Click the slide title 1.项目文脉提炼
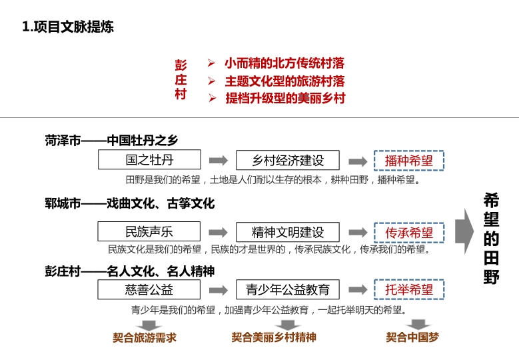pyautogui.click(x=68, y=27)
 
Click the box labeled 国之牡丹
pyautogui.click(x=149, y=160)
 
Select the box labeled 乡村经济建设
pyautogui.click(x=288, y=161)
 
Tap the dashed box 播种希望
pyautogui.click(x=409, y=161)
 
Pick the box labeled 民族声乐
pyautogui.click(x=149, y=232)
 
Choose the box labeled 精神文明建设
pyautogui.click(x=288, y=232)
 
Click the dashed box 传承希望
pyautogui.click(x=409, y=233)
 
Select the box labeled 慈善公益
pyautogui.click(x=149, y=289)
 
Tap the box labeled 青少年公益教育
pyautogui.click(x=288, y=290)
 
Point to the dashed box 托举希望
pyautogui.click(x=409, y=290)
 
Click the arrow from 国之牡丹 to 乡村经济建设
pyautogui.click(x=219, y=161)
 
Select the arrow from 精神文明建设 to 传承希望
pyautogui.click(x=358, y=233)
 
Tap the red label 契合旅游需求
pyautogui.click(x=145, y=337)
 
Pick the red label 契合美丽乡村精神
pyautogui.click(x=274, y=337)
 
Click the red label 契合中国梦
pyautogui.click(x=412, y=337)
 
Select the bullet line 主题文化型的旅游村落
pyautogui.click(x=284, y=81)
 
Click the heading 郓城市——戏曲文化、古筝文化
pyautogui.click(x=130, y=203)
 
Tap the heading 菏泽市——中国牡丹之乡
pyautogui.click(x=112, y=141)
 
